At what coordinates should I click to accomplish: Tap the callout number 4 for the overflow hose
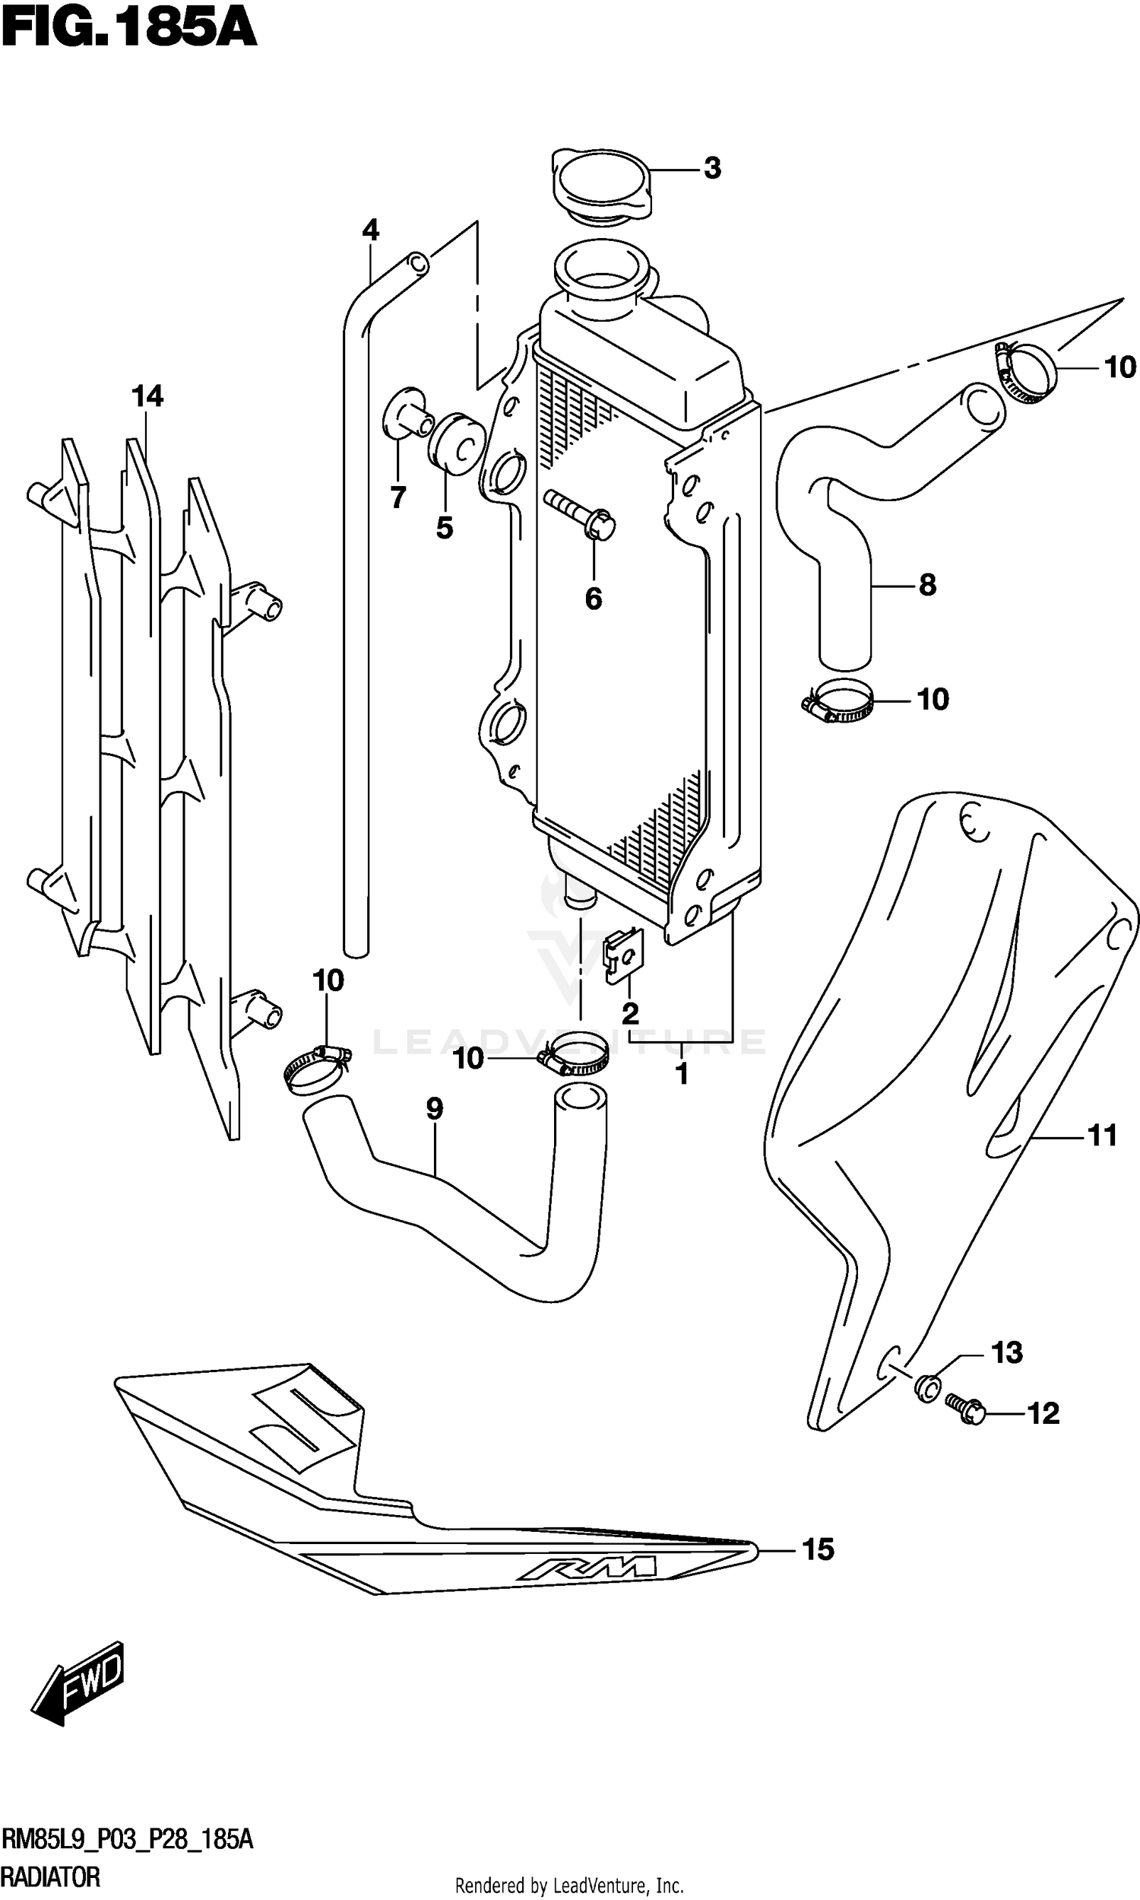click(370, 230)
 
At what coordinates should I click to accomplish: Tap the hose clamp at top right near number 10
click(1027, 372)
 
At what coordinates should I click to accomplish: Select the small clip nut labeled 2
click(624, 955)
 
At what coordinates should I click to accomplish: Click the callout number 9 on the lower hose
click(434, 1108)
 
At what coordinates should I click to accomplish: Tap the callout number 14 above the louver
click(147, 396)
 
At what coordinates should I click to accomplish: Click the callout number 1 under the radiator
click(682, 1074)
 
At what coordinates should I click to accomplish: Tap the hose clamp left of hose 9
click(315, 1068)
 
